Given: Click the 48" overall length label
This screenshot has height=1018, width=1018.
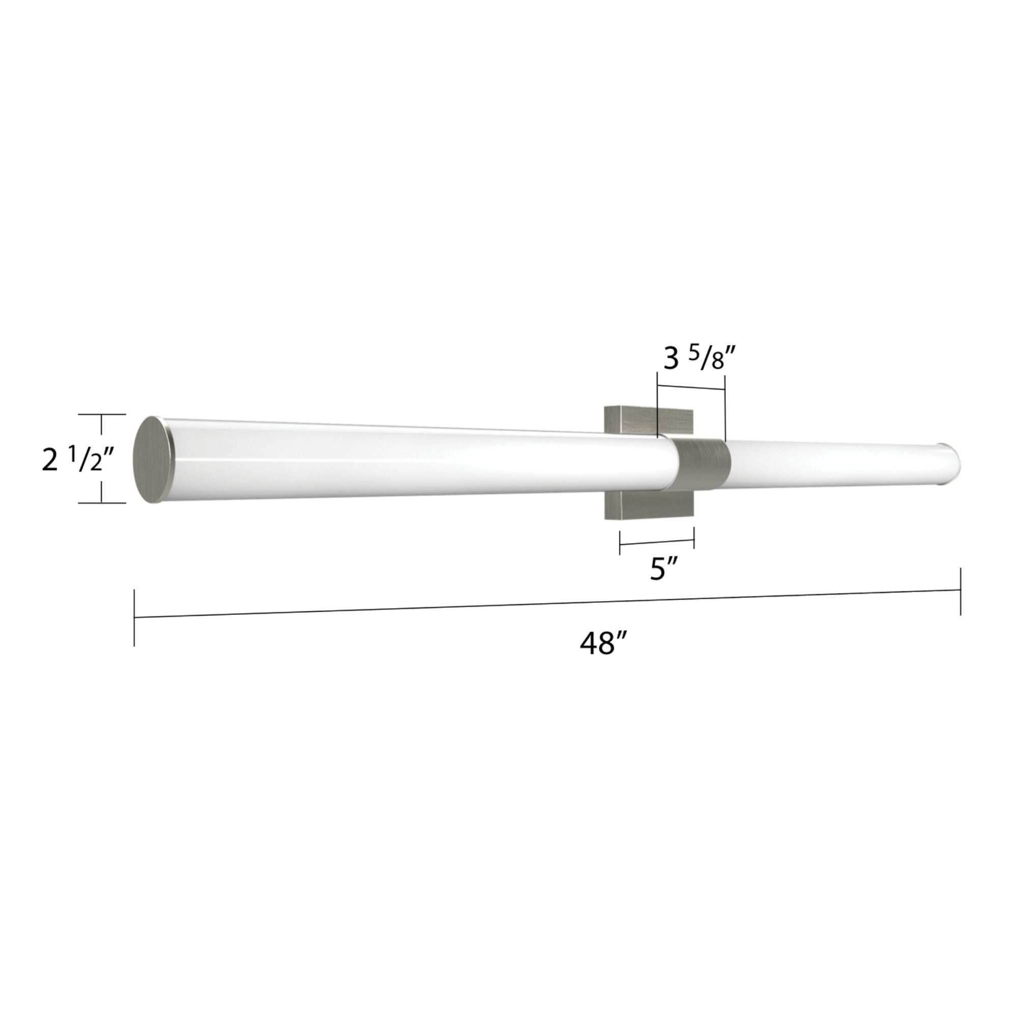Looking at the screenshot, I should click(x=604, y=643).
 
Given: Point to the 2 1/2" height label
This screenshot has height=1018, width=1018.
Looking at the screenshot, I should click(x=77, y=459).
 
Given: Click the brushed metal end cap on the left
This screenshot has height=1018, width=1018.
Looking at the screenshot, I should click(x=153, y=460).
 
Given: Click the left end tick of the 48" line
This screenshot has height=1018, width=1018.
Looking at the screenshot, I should click(x=134, y=617).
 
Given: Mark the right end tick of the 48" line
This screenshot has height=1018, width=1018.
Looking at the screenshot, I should click(x=960, y=590).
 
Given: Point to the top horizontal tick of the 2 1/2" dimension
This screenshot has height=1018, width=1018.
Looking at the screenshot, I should click(x=102, y=415).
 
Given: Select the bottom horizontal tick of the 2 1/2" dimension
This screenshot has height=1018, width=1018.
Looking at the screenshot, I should click(x=102, y=503).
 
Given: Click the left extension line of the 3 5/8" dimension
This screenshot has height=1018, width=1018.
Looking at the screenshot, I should click(x=658, y=403).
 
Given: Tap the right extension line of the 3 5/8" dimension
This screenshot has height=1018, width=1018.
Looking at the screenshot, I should click(x=725, y=408).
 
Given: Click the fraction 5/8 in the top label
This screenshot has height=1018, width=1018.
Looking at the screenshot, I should click(x=711, y=360).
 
